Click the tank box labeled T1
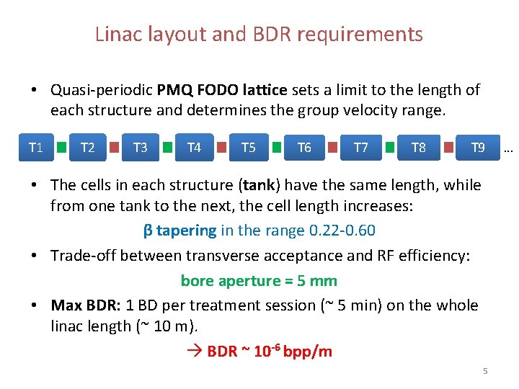35,148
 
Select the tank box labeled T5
248,148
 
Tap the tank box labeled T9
477,148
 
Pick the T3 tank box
141,148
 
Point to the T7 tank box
360,148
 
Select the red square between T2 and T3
114,148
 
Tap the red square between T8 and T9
447,148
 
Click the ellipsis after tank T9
508,150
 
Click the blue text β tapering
180,231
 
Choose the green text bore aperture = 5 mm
259,280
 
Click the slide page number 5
485,371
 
